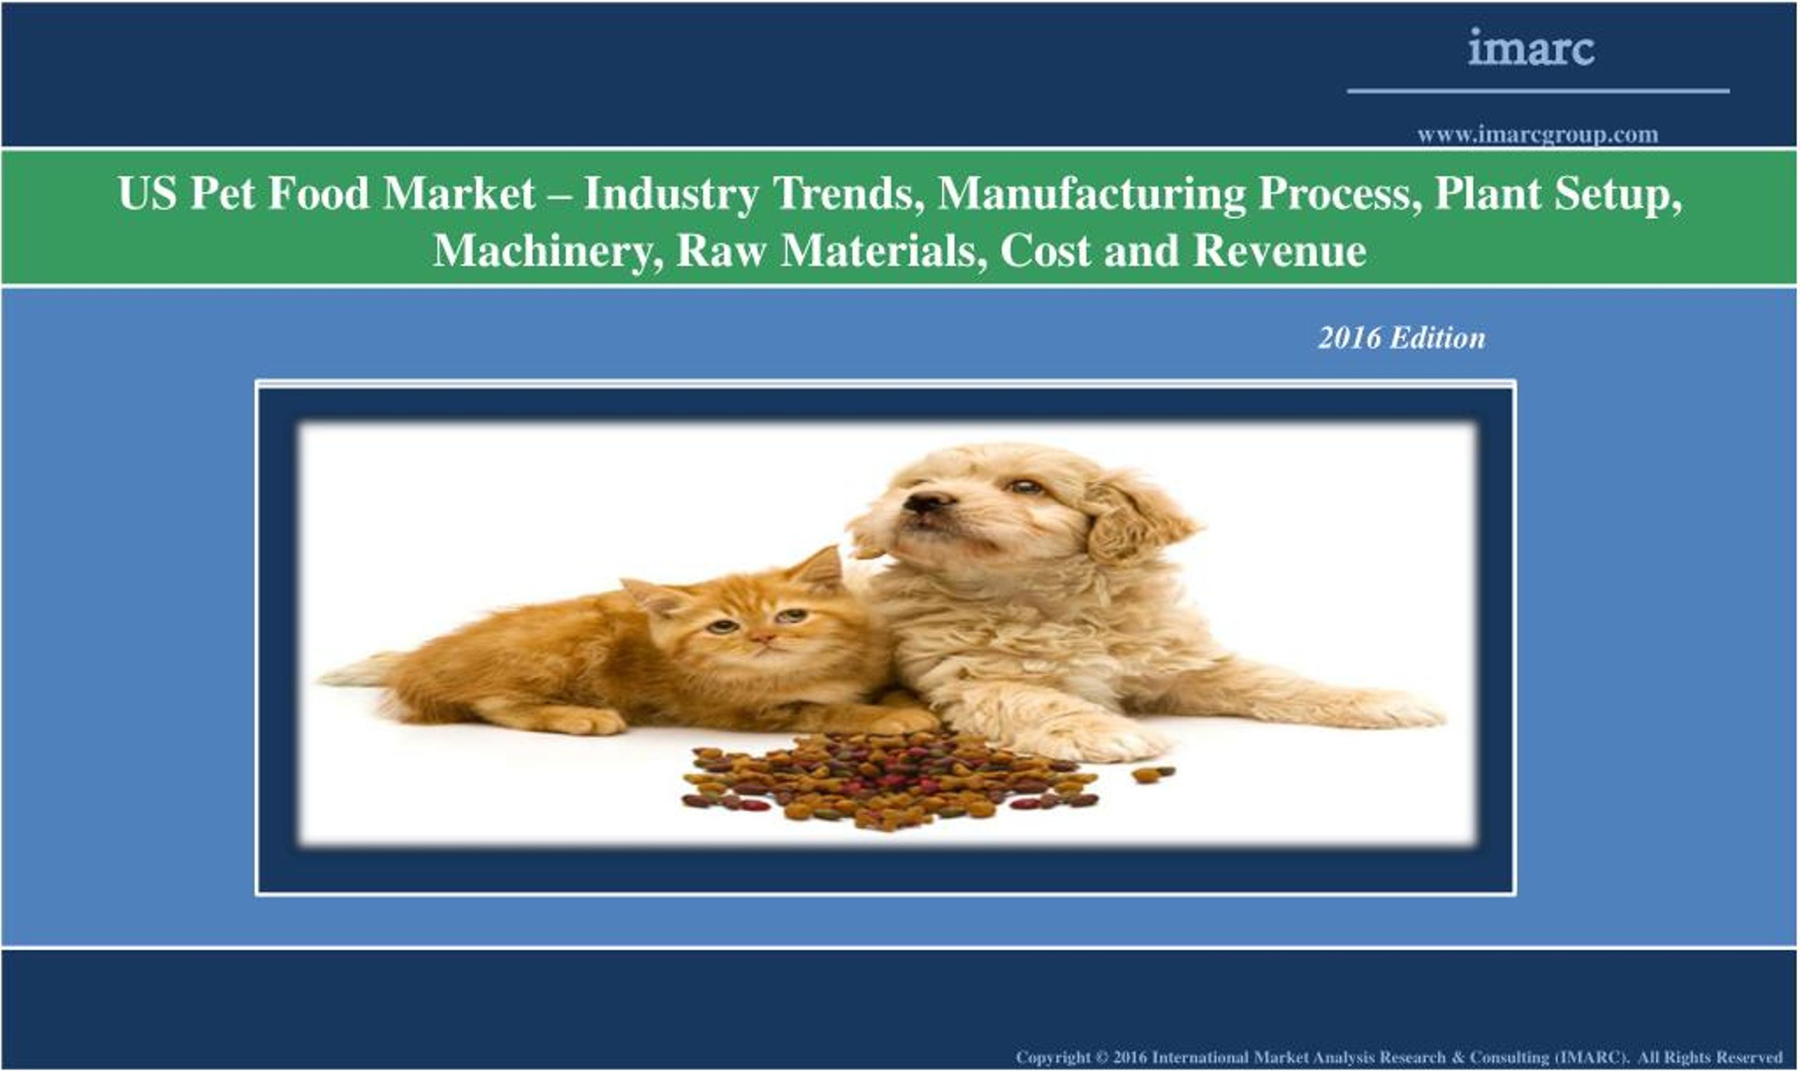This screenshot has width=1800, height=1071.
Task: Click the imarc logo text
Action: click(1530, 49)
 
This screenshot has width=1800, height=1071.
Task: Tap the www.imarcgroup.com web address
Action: click(1538, 135)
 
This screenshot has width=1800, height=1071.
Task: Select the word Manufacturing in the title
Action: click(1091, 193)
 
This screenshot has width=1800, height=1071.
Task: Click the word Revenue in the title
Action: click(1279, 251)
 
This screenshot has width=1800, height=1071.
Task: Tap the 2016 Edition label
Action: click(1401, 338)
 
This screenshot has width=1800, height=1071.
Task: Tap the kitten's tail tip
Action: click(339, 676)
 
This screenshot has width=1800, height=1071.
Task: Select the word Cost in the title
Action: click(1046, 251)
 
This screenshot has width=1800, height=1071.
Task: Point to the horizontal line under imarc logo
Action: click(1538, 91)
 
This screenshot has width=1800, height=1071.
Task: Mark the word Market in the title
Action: click(459, 193)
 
